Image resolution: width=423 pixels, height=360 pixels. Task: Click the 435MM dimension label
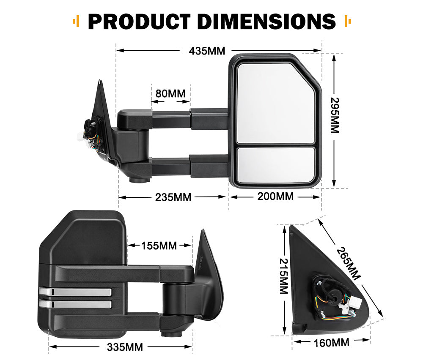pos(207,51)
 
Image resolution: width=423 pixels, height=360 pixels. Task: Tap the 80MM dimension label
pos(170,93)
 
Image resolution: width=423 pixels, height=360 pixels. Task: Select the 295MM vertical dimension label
pos(335,115)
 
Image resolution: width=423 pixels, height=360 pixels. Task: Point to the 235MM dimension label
pos(173,197)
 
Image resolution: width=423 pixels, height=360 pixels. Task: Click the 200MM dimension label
pos(275,196)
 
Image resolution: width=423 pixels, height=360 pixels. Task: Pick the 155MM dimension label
pos(159,245)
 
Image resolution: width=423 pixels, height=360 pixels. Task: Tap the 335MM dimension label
pos(125,347)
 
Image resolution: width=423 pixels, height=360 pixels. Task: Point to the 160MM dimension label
pos(332,342)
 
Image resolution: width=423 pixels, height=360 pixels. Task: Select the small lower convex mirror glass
pos(275,165)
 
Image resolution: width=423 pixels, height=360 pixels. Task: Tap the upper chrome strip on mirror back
pos(75,292)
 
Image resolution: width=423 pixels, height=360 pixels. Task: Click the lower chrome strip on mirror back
pos(75,304)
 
